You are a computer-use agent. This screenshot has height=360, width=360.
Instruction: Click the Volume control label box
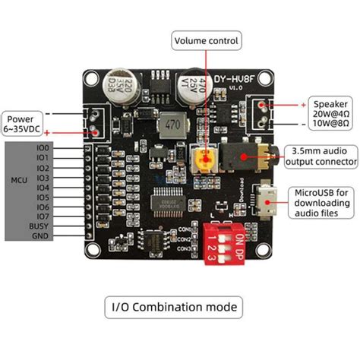207,40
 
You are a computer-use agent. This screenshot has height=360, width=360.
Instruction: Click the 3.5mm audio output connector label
321,155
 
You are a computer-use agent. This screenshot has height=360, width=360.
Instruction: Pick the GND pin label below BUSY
40,236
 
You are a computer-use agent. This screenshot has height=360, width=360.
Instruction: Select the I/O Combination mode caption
174,307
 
